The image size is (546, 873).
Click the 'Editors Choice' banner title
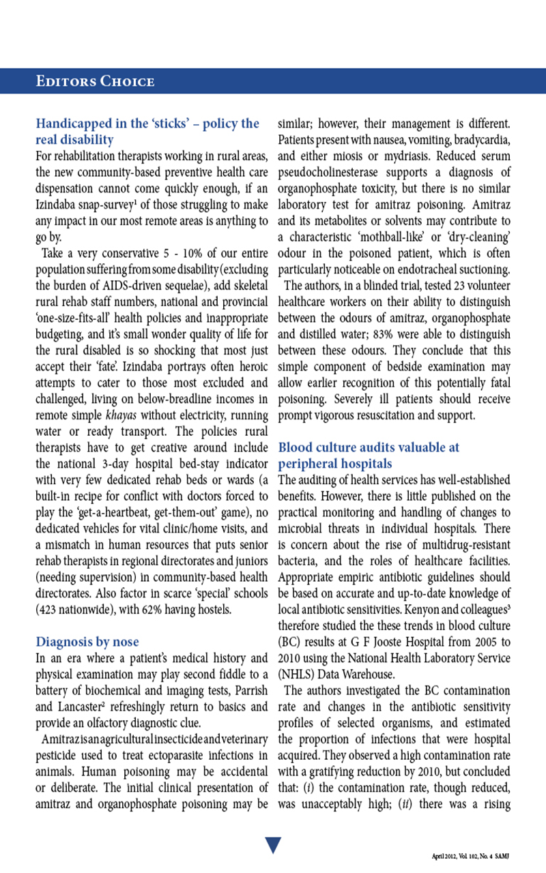(x=95, y=81)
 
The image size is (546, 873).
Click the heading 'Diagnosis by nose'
(x=87, y=642)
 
